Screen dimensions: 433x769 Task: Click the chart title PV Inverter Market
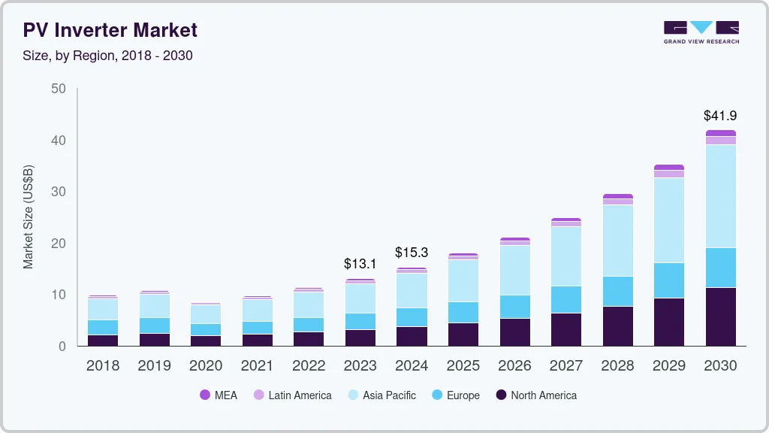(110, 30)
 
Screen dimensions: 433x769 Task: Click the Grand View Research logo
(701, 32)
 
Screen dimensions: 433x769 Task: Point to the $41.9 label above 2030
(719, 116)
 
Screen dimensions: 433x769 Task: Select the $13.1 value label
(360, 264)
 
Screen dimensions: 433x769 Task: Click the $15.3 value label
(412, 253)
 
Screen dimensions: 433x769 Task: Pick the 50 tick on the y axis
(59, 89)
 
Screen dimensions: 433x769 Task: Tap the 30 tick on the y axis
(59, 192)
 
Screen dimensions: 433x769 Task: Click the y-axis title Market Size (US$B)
(29, 216)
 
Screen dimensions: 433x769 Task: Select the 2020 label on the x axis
(206, 366)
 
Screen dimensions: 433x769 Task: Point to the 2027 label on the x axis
(565, 366)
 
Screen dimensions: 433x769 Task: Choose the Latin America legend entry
(292, 395)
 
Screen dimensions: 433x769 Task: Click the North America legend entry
(535, 395)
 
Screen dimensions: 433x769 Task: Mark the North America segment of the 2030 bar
(720, 316)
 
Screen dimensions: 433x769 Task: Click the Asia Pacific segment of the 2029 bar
(669, 220)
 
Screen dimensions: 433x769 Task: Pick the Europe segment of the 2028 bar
(617, 291)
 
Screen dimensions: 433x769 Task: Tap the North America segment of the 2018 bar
(103, 340)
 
